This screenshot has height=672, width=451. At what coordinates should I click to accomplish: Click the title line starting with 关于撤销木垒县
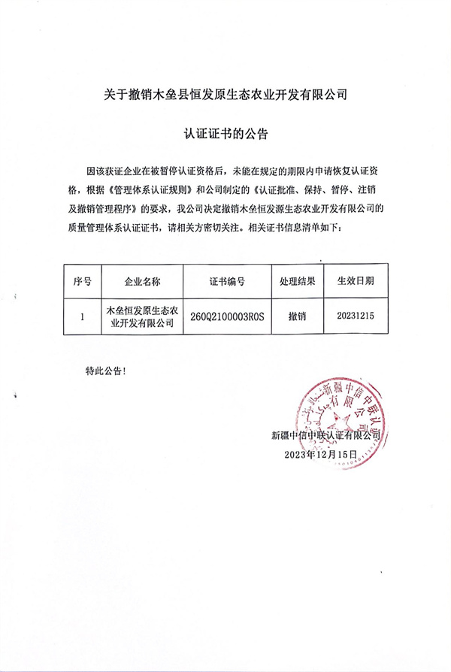[225, 95]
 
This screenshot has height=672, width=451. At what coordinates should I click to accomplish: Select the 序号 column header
[82, 281]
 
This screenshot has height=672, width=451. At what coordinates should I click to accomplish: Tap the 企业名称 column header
[142, 281]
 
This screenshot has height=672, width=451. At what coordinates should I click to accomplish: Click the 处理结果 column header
[296, 281]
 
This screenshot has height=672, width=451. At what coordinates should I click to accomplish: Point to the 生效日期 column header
[355, 281]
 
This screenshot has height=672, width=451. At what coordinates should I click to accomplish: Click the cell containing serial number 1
[82, 316]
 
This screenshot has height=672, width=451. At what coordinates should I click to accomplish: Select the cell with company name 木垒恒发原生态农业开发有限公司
[142, 316]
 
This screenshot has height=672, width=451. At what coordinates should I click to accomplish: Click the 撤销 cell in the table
[296, 316]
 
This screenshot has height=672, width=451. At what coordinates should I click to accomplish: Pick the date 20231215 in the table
[355, 316]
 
